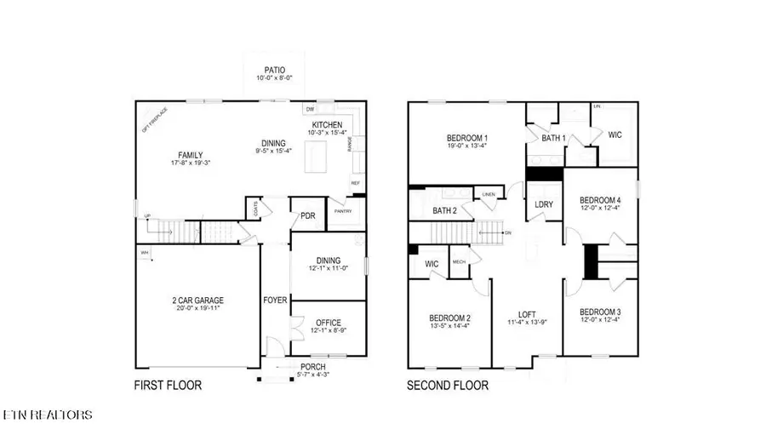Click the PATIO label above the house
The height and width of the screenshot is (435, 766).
tap(273, 69)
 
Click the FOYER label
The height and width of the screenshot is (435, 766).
tap(275, 300)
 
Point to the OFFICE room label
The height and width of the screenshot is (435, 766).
tap(328, 322)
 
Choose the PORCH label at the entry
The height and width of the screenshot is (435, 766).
tap(312, 368)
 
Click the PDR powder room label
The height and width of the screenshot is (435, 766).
tap(308, 215)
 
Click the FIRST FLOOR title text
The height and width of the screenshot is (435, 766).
tap(168, 386)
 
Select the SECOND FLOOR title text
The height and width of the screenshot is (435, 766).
tap(448, 386)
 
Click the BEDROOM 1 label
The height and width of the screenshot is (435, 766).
tap(467, 138)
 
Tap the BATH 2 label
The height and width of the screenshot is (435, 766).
tap(445, 210)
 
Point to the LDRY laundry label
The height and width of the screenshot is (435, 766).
tap(544, 205)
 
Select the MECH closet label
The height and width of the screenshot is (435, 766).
tap(460, 262)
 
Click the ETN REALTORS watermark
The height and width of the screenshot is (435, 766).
tap(48, 415)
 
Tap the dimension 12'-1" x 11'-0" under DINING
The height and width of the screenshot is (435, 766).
tap(328, 270)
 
